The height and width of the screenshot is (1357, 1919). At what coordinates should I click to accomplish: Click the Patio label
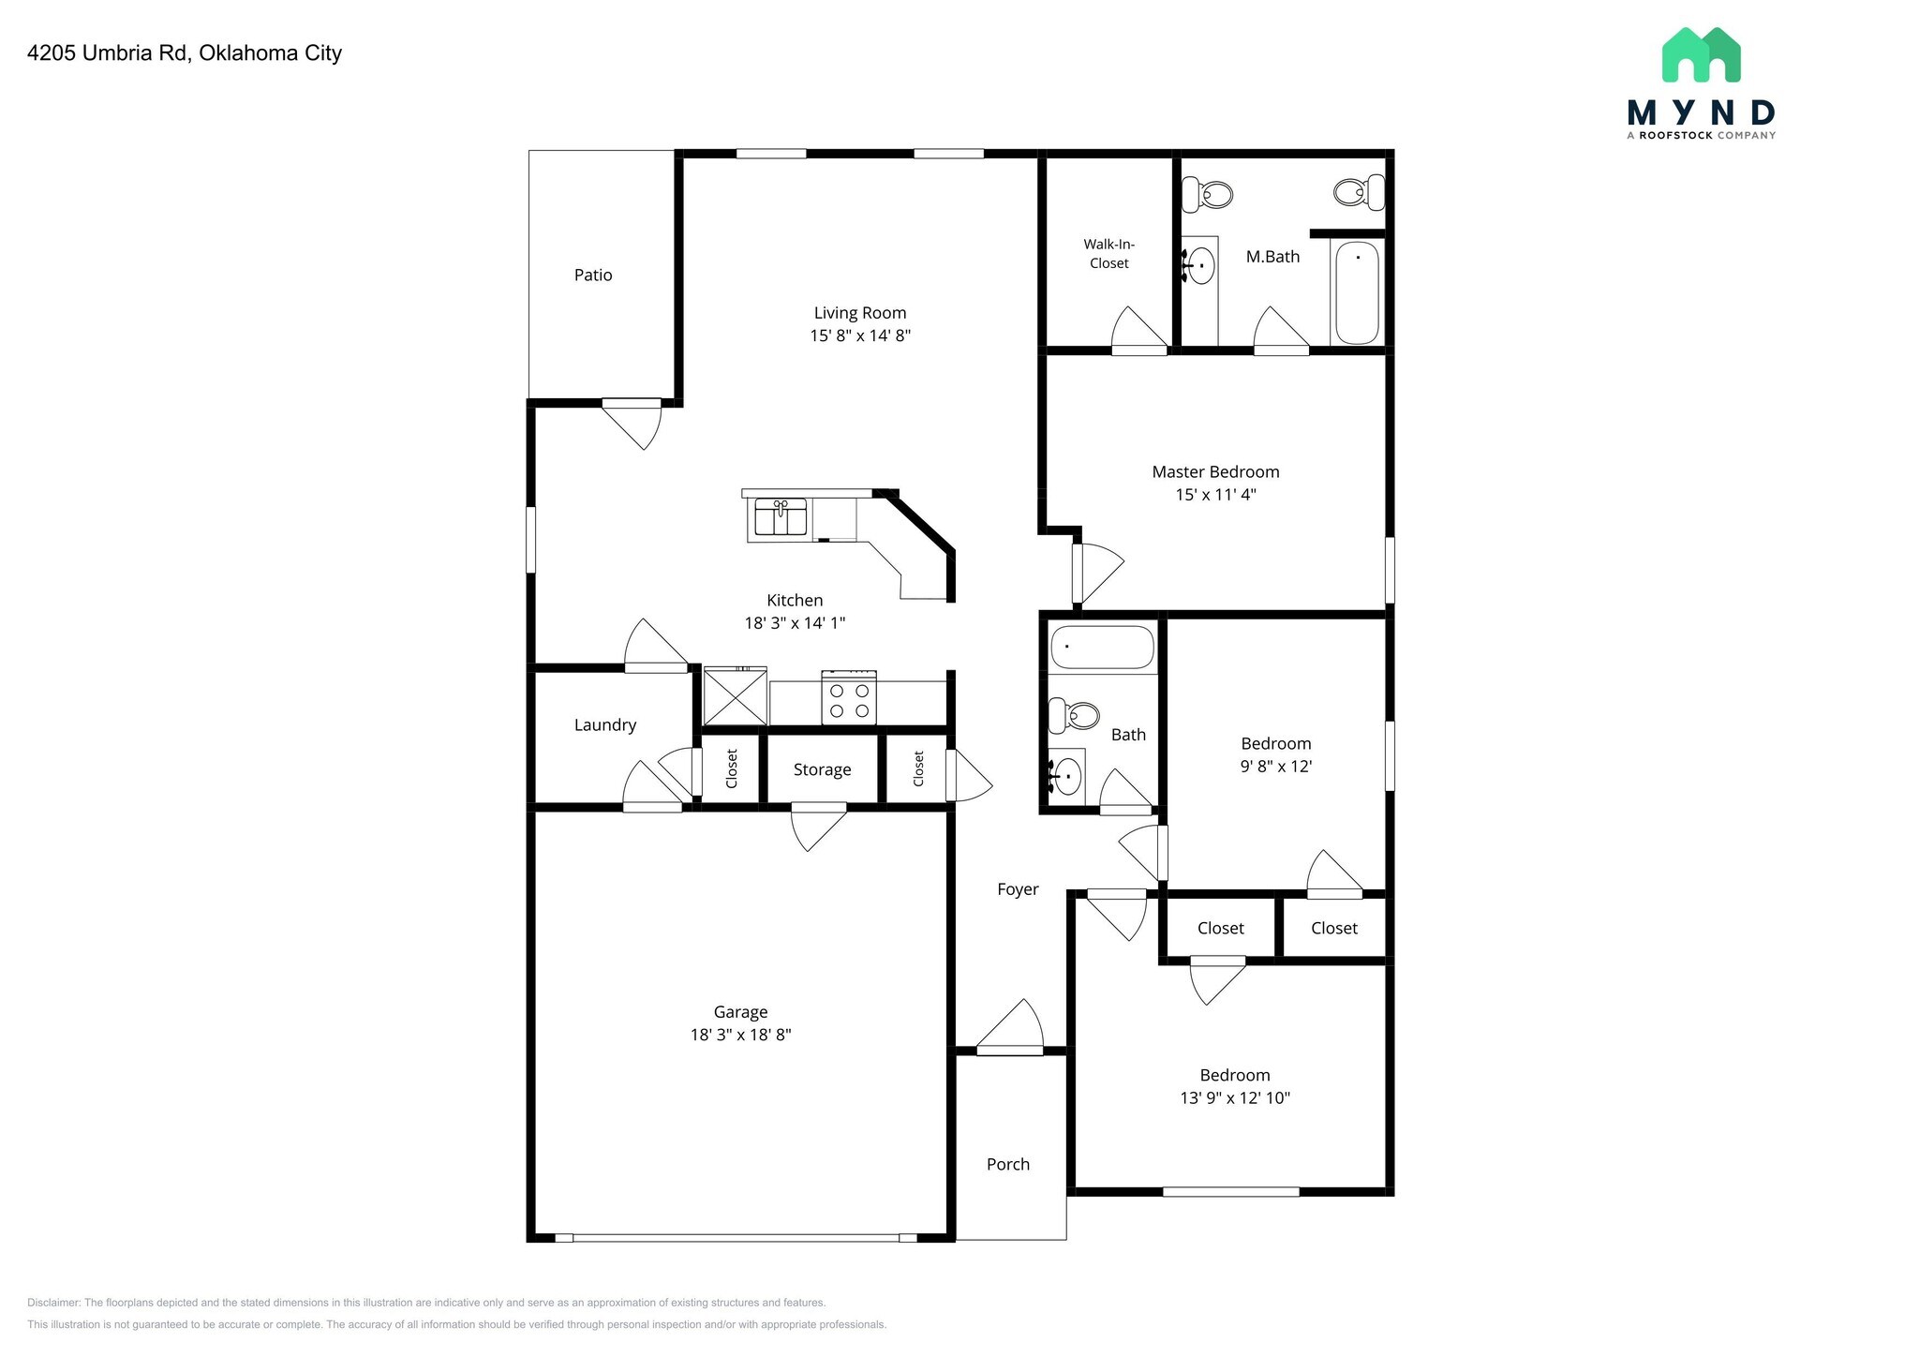tap(593, 275)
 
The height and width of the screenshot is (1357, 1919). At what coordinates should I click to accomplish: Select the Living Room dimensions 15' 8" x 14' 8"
tap(860, 336)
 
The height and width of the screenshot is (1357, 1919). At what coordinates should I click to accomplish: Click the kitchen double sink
tap(781, 517)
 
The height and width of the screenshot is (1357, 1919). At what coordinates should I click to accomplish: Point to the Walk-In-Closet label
tap(1108, 254)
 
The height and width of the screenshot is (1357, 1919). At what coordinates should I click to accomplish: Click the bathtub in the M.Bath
tap(1357, 292)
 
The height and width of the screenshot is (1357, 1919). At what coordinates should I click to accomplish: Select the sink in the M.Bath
tap(1200, 266)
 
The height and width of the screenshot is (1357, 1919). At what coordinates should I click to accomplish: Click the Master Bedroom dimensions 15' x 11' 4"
tap(1215, 495)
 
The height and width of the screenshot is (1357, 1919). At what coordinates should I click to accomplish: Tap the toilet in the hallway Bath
tap(1074, 716)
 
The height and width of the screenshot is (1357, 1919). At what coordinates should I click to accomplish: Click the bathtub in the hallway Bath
tap(1102, 647)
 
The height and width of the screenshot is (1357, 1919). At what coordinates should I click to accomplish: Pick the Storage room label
tap(822, 769)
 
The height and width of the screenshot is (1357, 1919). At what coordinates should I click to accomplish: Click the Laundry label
tap(604, 724)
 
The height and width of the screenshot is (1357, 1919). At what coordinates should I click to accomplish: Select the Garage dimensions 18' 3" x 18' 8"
tap(740, 1035)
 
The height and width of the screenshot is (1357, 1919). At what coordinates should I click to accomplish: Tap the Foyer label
tap(1018, 889)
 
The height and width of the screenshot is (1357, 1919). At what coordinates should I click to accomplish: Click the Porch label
tap(1007, 1164)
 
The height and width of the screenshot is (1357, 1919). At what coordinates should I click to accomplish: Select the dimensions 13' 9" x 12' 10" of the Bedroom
tap(1235, 1097)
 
